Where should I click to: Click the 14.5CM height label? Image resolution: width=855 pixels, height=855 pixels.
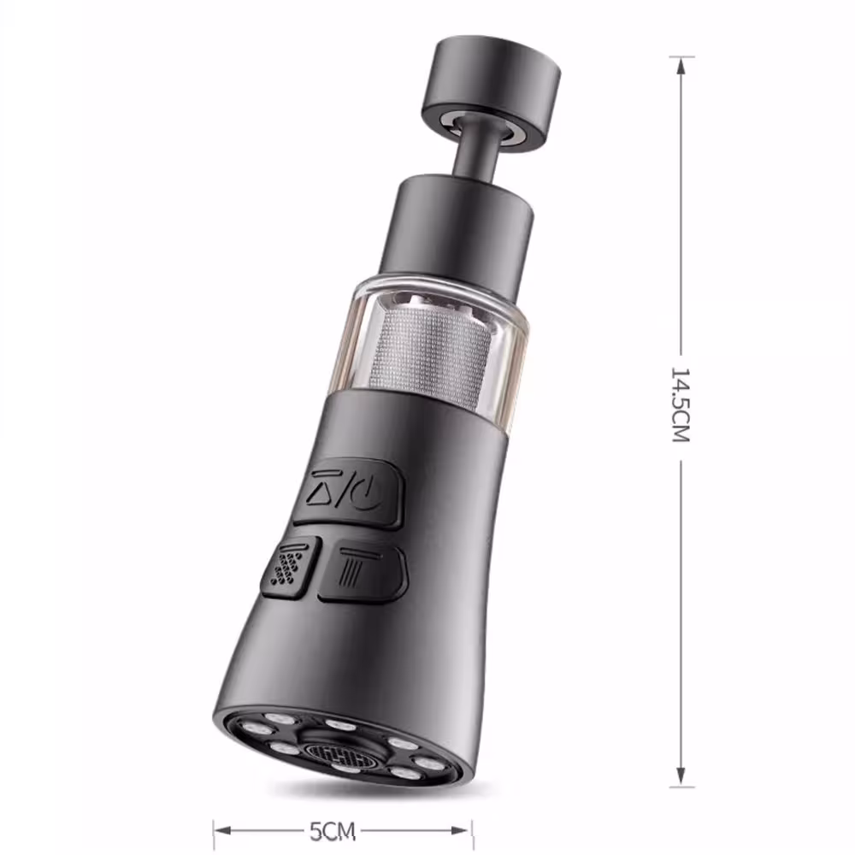pyautogui.click(x=681, y=404)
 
